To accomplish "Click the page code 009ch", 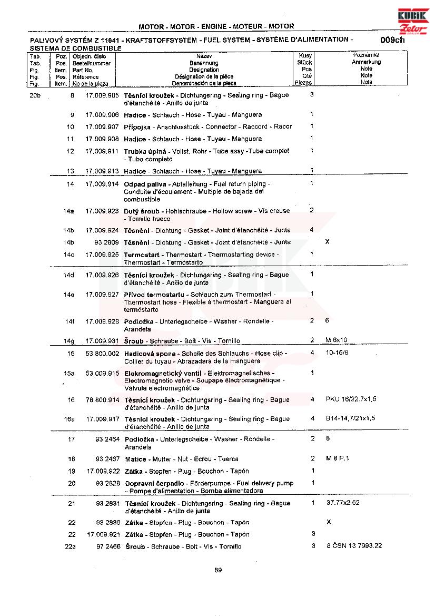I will (392, 40).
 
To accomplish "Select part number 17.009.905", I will (102, 95).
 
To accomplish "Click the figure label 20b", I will (35, 95).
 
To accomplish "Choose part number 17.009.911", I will (102, 151).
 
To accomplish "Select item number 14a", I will (68, 211).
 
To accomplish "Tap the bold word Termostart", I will (143, 255).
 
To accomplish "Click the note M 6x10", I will (337, 340).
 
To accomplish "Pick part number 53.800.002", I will (102, 354).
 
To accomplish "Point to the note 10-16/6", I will (337, 353).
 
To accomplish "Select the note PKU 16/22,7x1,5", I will (351, 399).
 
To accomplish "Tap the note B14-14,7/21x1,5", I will (350, 418).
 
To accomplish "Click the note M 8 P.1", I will (338, 458).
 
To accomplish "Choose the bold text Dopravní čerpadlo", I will (155, 483).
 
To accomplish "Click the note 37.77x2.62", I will (343, 503).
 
